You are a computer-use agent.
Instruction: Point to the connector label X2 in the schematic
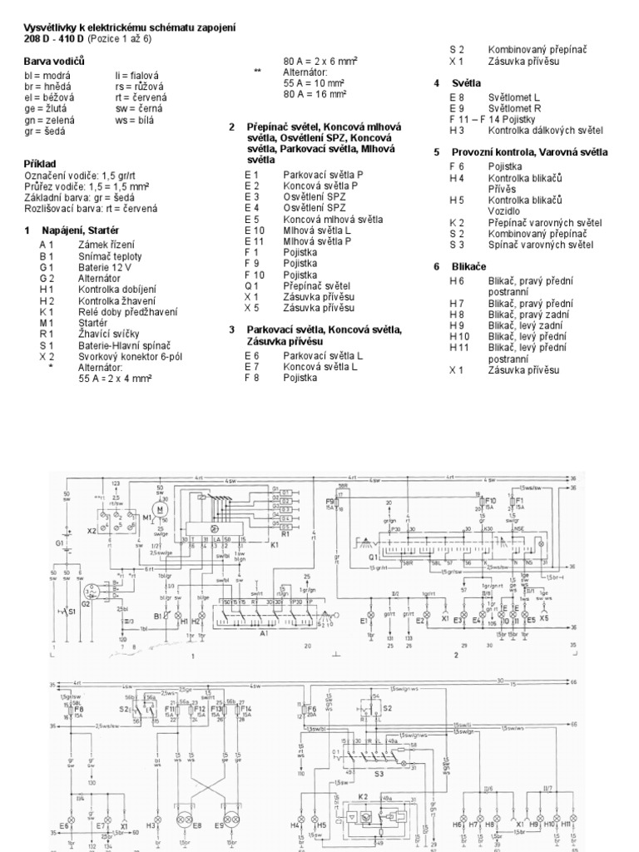tap(91, 529)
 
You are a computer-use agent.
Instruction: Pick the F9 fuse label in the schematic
tap(329, 502)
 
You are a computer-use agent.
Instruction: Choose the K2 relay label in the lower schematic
tap(364, 796)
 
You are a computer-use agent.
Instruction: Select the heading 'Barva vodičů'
tap(55, 61)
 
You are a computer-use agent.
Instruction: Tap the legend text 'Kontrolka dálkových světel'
tap(546, 131)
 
